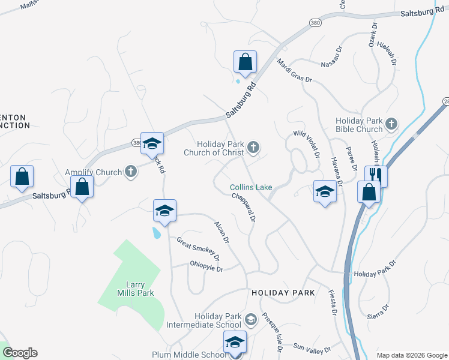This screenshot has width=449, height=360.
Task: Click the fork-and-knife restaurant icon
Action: click(376, 175)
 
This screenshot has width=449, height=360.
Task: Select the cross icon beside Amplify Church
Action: click(131, 172)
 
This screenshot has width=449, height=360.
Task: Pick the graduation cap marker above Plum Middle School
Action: click(235, 341)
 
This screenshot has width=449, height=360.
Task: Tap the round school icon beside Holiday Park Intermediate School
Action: click(251, 320)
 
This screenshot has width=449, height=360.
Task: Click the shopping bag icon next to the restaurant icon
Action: click(369, 193)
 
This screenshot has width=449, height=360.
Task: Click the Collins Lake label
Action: click(252, 187)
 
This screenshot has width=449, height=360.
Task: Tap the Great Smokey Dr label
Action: click(198, 249)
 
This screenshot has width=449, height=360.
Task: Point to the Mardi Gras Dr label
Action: click(295, 71)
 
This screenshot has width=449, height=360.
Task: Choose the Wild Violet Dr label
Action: click(306, 144)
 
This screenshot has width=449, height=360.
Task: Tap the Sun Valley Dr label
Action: click(312, 348)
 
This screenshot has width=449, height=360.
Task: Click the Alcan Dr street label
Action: click(222, 232)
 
